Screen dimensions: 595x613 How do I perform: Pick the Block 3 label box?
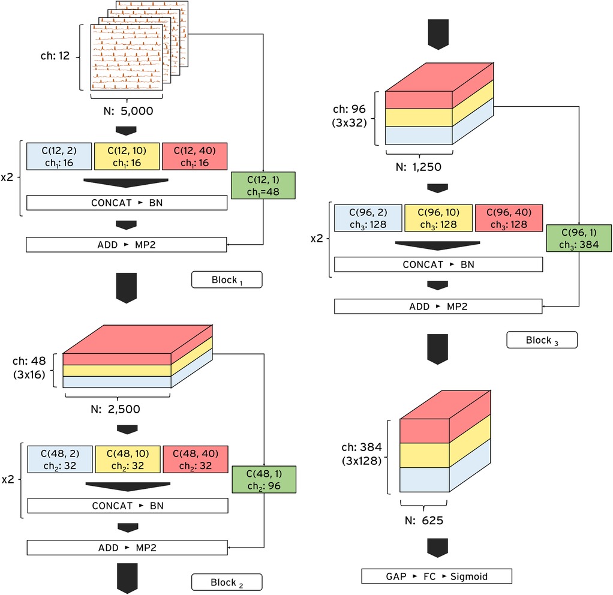[x=542, y=339]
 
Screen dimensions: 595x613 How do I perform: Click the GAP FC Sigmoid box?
[x=437, y=576]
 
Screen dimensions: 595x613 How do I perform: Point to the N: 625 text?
[x=424, y=521]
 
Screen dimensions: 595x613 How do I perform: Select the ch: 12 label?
[x=54, y=56]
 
